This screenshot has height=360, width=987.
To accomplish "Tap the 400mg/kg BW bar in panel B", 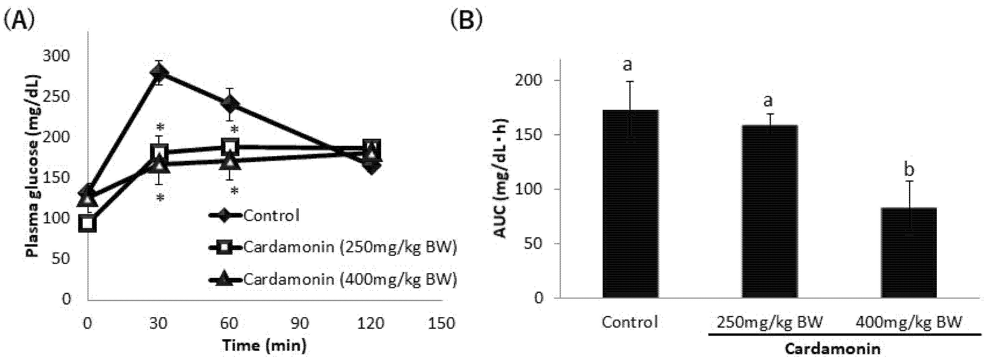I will [909, 253].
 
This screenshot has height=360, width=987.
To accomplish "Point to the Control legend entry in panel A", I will [271, 216].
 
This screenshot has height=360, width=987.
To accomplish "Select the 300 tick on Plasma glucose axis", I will [56, 56].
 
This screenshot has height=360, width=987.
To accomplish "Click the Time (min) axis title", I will [264, 346].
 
